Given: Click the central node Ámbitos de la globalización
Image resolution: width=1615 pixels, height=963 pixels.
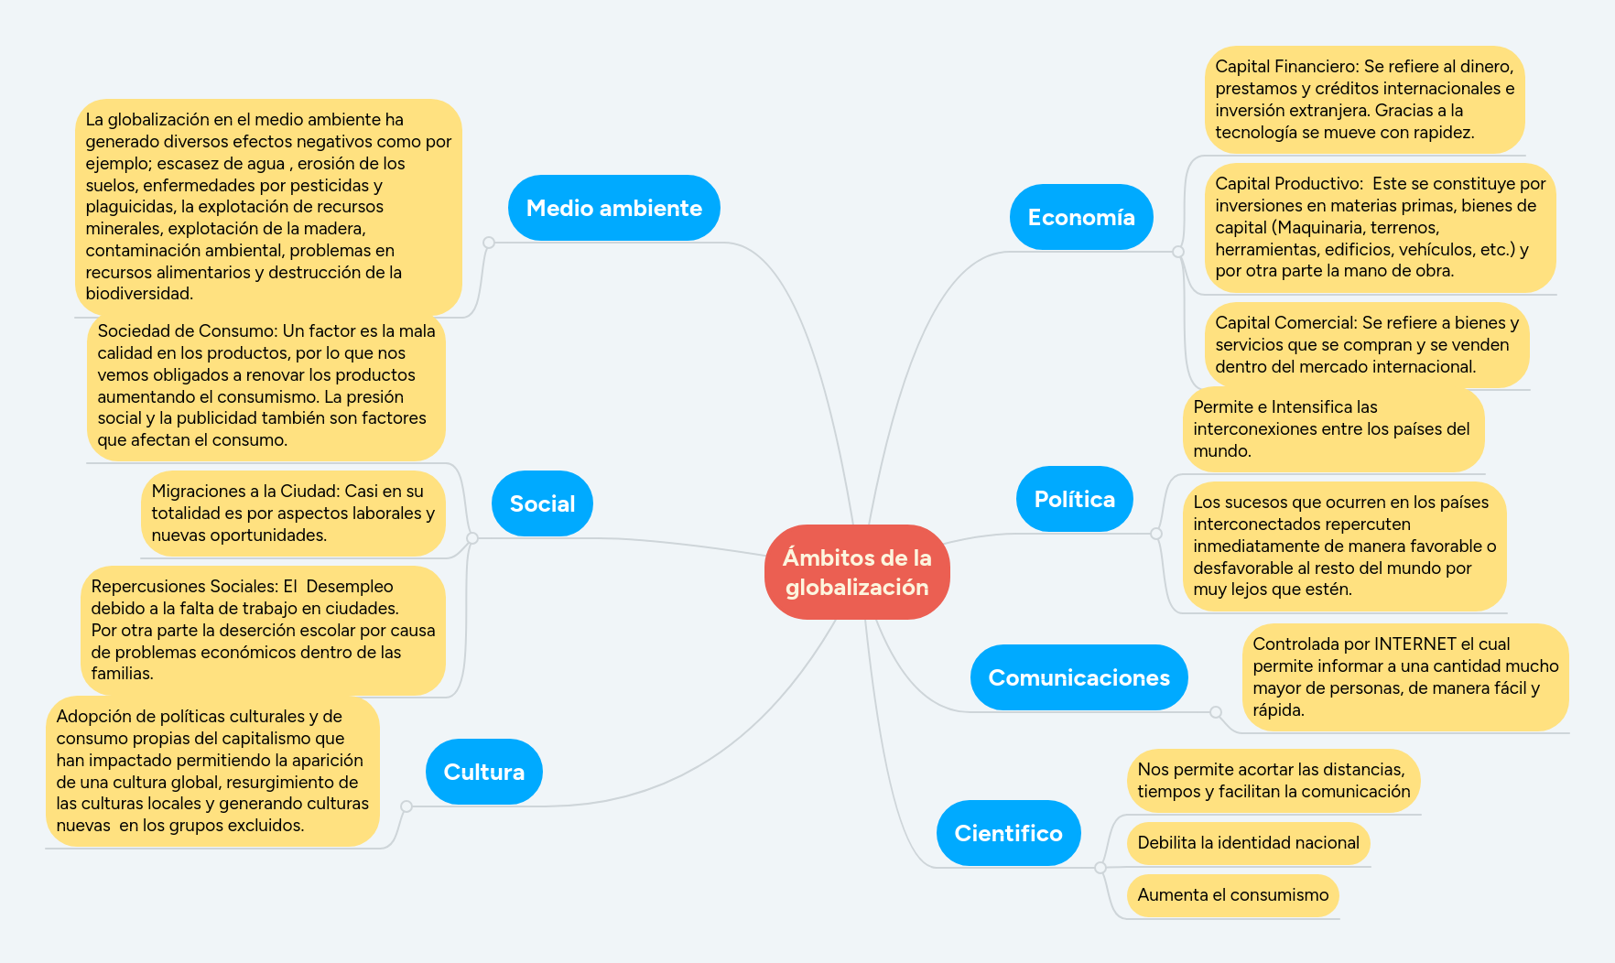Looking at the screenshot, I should point(857,572).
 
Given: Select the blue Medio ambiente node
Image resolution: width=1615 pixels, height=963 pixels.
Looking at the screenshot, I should point(613,208).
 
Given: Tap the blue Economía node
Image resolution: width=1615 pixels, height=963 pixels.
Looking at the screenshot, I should point(1080,217).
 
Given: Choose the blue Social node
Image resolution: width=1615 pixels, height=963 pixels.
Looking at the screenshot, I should point(542,503).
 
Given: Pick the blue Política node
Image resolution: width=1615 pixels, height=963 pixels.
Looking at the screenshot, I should point(1074,499).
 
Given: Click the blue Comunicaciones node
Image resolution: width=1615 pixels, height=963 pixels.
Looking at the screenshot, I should point(1078,677).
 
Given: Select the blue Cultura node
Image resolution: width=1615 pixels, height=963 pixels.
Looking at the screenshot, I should point(483,772).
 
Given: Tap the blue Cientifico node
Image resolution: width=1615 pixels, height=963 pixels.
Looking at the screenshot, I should point(1008,833).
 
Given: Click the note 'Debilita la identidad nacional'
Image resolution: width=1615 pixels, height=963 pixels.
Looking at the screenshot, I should point(1248,842).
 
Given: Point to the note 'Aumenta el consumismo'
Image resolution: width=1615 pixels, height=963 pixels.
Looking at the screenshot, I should point(1232,894).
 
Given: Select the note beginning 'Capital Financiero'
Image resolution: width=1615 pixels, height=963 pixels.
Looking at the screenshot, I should point(1364,99).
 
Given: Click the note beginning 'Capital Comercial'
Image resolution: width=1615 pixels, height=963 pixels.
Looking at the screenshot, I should point(1366,345).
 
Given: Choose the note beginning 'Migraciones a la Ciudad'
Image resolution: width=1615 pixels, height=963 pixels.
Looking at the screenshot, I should point(292,513).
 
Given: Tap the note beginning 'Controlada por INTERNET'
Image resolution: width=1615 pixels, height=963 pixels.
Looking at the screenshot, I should point(1404,676).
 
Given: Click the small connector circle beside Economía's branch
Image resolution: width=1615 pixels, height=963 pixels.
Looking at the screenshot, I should point(1178,252).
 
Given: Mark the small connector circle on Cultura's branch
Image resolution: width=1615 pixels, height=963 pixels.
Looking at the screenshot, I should point(406,806).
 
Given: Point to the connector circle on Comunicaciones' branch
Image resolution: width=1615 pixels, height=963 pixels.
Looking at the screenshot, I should point(1216,712).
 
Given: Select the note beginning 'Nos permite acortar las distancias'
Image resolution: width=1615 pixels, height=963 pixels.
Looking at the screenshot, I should point(1273,780).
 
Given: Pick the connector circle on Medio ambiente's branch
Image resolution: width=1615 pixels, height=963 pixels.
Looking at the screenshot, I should point(489,243).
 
